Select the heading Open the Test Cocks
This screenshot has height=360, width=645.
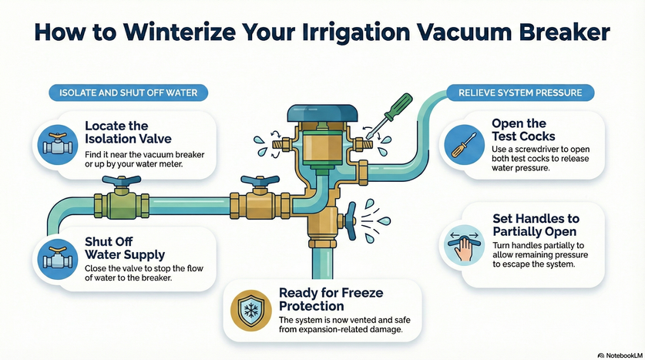click(x=520, y=130)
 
